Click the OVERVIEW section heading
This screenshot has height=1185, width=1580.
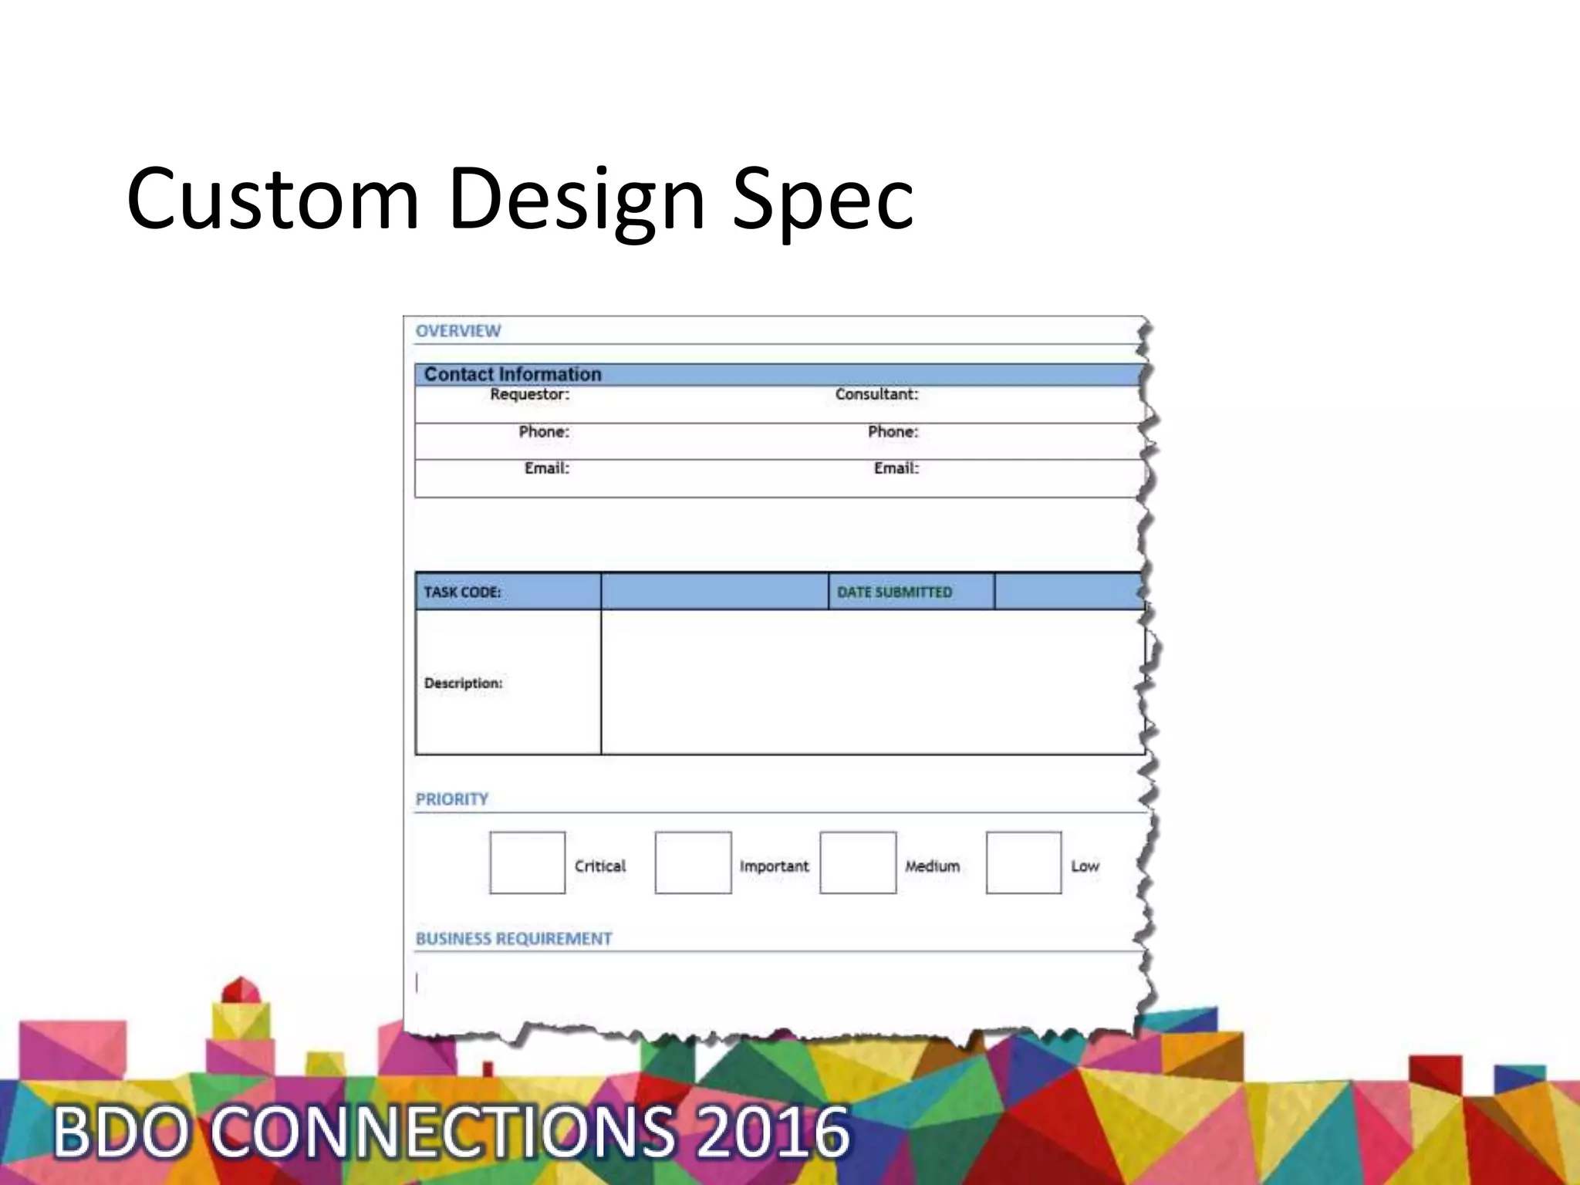click(458, 331)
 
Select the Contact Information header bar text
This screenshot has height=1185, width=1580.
click(512, 374)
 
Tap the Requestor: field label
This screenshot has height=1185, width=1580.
click(529, 394)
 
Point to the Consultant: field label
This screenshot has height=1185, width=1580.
click(876, 394)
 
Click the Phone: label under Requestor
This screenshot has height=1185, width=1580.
click(544, 431)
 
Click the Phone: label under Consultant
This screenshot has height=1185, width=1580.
click(893, 431)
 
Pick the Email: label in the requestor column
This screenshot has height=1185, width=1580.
click(546, 468)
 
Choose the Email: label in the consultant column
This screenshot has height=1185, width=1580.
click(896, 468)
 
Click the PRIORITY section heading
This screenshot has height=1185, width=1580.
click(452, 799)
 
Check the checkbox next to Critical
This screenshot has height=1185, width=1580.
click(528, 863)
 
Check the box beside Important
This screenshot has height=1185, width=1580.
click(693, 863)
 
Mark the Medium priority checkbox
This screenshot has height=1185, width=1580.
click(858, 863)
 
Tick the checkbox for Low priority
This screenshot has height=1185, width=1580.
click(1024, 863)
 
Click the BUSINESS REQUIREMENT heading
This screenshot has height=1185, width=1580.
click(514, 939)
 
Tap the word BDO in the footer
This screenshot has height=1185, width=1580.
click(120, 1132)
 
